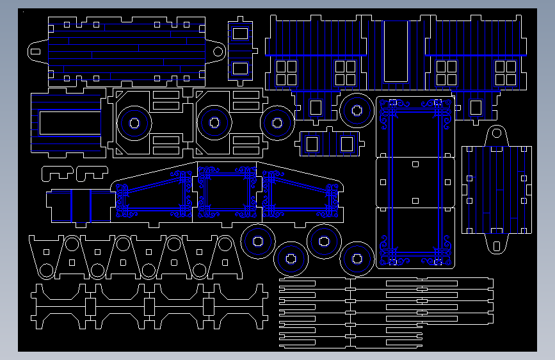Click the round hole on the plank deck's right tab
coord(218,51)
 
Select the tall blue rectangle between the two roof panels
coord(395,51)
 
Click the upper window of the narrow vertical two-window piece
coord(240,33)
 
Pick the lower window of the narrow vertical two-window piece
coord(240,68)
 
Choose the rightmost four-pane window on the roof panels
coord(506,72)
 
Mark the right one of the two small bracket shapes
coord(91,172)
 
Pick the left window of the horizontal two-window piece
coord(312,144)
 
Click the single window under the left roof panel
coord(316,108)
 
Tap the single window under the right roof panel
coord(476,108)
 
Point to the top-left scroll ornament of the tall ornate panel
coord(389,108)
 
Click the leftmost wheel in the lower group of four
coord(258,241)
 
